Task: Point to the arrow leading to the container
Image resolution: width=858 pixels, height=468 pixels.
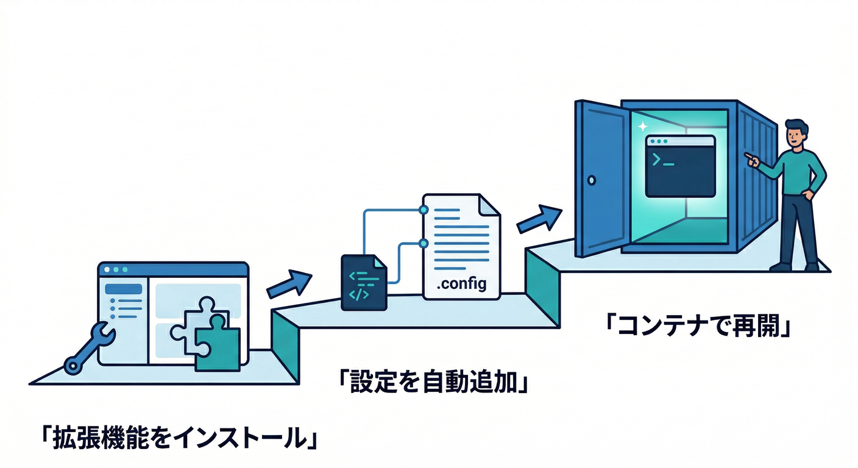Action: pyautogui.click(x=539, y=219)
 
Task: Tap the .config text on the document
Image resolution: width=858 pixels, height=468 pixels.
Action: pyautogui.click(x=461, y=284)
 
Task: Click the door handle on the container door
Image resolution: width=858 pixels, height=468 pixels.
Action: pyautogui.click(x=590, y=180)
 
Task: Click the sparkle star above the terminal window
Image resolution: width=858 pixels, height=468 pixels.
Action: pyautogui.click(x=641, y=127)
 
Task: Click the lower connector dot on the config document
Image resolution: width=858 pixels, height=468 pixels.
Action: pyautogui.click(x=424, y=243)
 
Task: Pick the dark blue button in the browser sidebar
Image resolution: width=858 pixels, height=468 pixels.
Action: pyautogui.click(x=124, y=289)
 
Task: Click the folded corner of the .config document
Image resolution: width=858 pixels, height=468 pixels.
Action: pyautogui.click(x=490, y=204)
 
